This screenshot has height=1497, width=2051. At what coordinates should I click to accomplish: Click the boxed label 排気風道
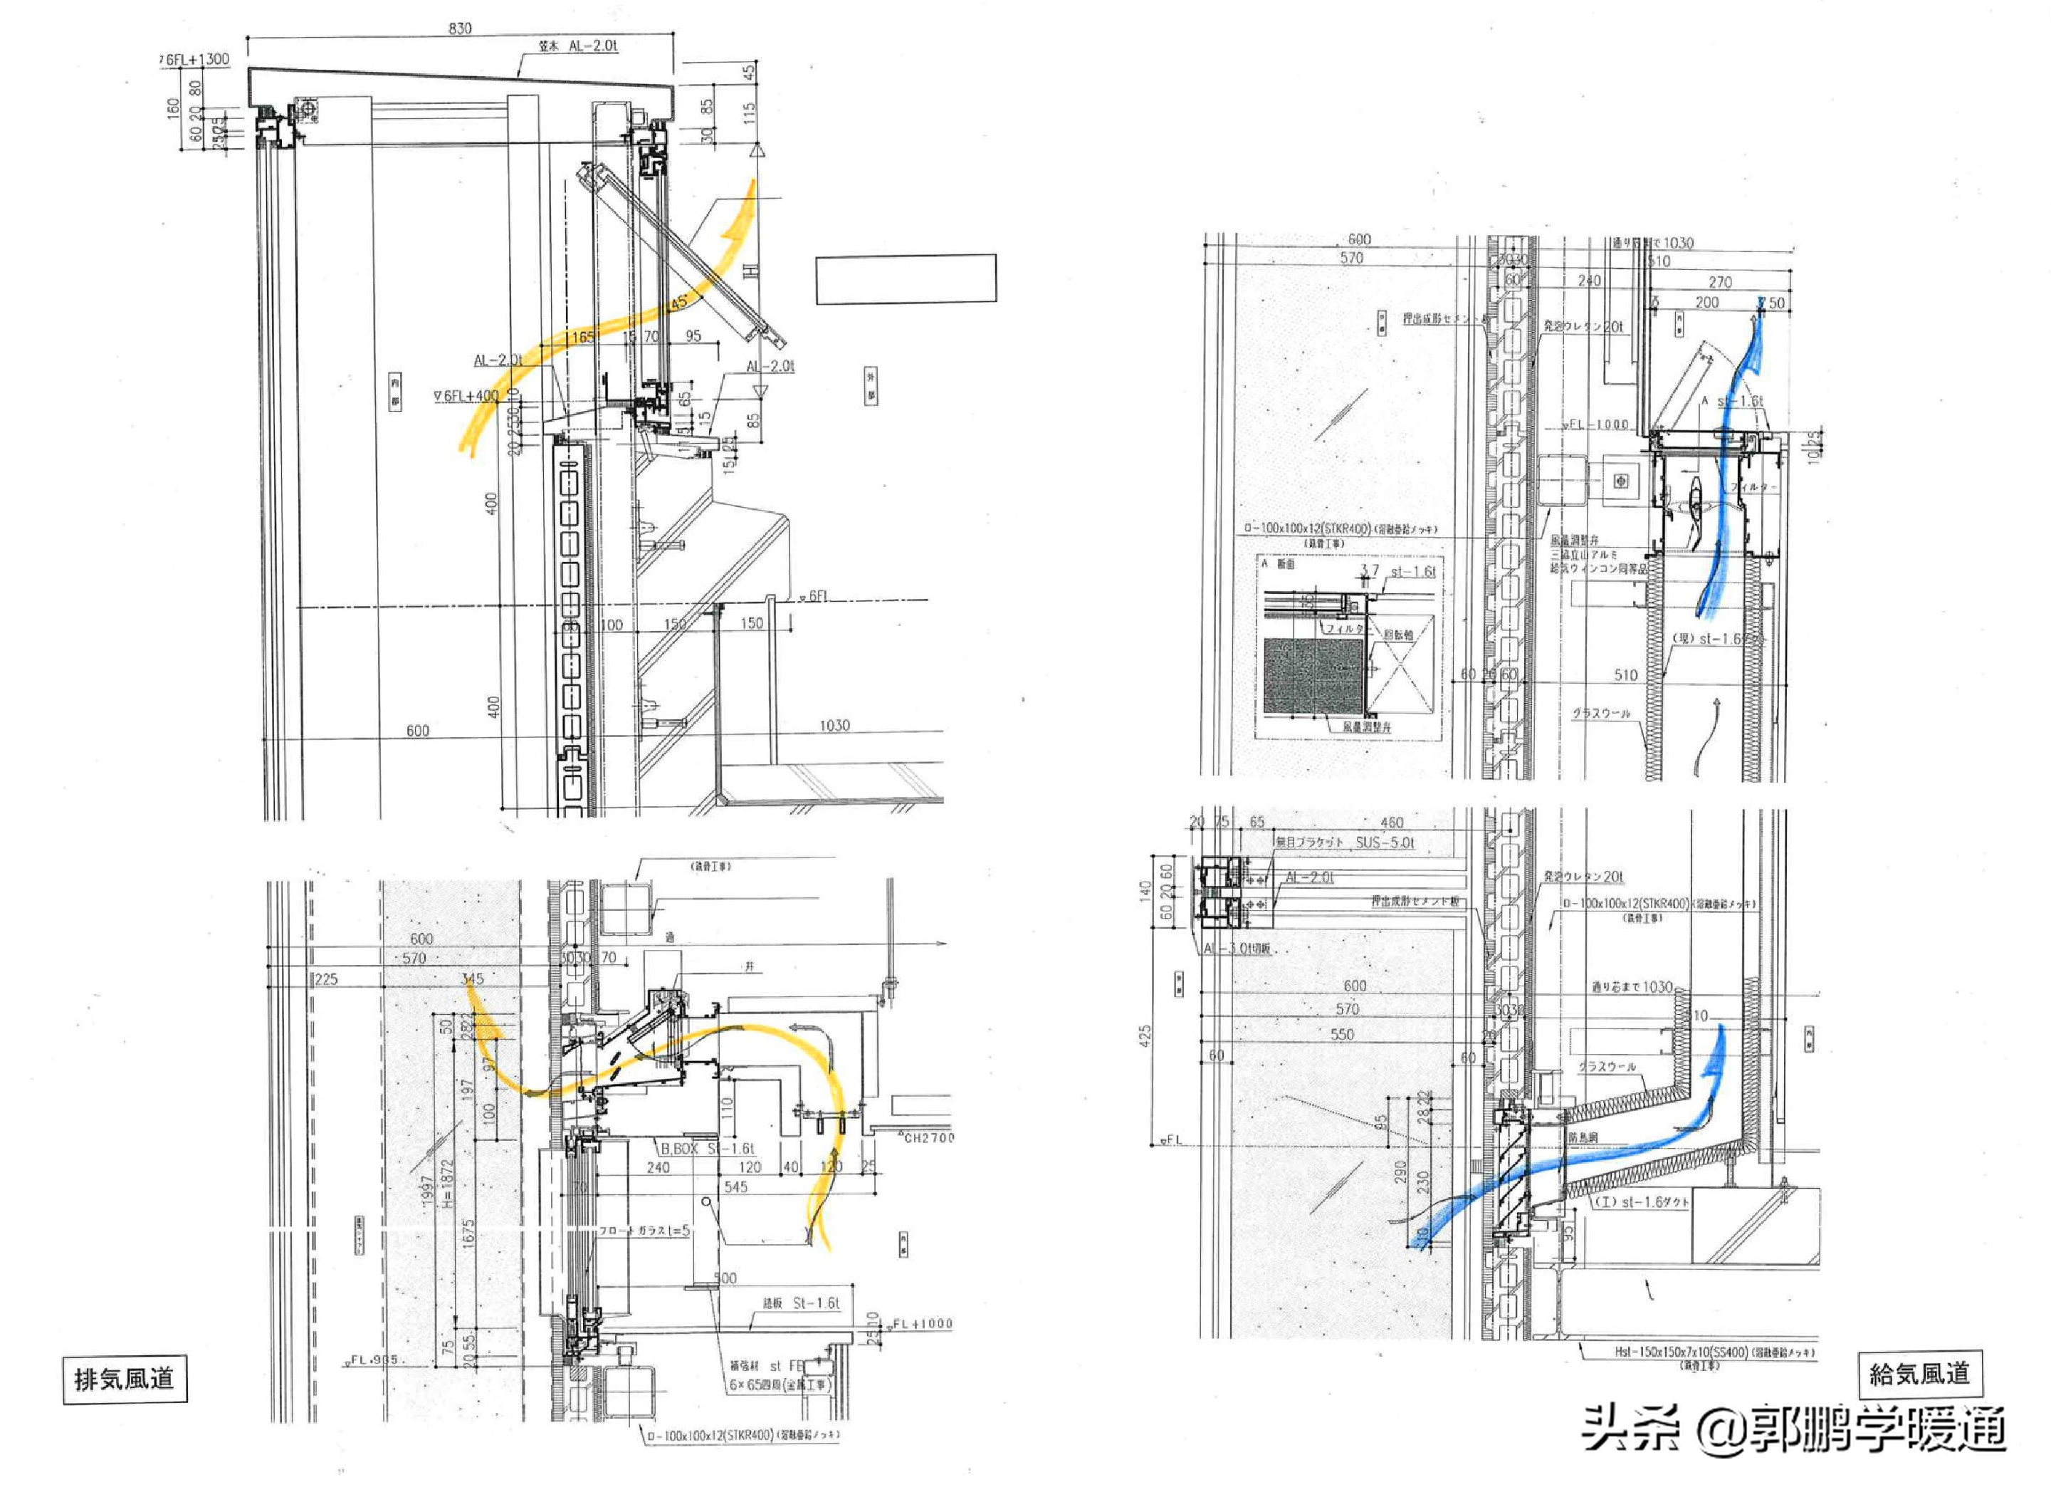pos(124,1379)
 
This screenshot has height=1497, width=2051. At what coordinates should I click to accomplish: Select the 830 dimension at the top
pos(460,28)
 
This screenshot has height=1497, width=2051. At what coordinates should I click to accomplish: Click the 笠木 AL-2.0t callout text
pos(578,46)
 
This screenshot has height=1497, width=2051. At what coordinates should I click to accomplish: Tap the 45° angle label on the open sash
pos(678,303)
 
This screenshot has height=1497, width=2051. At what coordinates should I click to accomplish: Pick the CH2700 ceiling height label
pos(928,1137)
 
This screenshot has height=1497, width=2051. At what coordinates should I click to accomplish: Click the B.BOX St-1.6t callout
pos(707,1148)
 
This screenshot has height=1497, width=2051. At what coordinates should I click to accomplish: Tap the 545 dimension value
pos(735,1187)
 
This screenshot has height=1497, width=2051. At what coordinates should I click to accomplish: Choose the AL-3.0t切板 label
pos(1239,948)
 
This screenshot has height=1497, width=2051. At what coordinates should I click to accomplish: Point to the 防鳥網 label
pos(1583,1137)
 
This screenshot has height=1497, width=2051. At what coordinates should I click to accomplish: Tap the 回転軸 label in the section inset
pos(1398,635)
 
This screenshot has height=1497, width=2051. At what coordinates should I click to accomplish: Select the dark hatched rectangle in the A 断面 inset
pos(1313,676)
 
